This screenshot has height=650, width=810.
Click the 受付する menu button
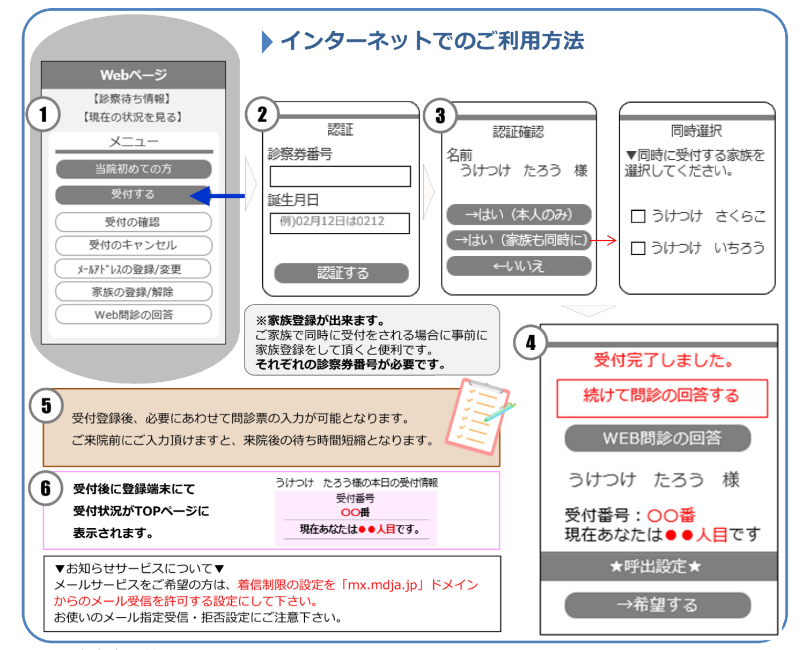133,195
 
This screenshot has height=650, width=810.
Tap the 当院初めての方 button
134,169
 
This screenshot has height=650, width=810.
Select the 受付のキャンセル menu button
134,246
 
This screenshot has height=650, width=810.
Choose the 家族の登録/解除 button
134,292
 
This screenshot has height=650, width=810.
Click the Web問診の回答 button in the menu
134,314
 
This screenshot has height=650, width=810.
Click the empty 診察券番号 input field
340,176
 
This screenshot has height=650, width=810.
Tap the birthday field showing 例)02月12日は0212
340,223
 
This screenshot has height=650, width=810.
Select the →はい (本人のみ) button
519,215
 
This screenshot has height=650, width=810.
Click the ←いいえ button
519,266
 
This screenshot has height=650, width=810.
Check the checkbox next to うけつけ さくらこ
638,217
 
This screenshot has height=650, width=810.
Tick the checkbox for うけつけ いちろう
638,248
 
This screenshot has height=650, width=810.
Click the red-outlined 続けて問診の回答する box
662,398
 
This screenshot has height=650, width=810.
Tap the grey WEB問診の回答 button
658,438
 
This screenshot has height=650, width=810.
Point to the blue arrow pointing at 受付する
217,196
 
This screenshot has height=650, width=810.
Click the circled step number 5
46,406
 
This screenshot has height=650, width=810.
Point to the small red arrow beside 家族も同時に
603,240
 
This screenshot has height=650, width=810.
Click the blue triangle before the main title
267,42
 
